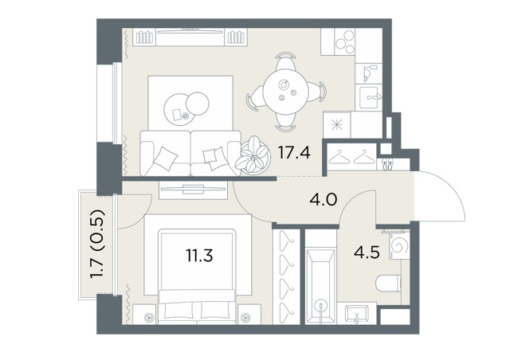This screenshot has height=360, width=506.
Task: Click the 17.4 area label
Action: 294,153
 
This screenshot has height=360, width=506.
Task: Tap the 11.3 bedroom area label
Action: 199,256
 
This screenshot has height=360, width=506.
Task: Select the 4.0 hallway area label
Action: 323,200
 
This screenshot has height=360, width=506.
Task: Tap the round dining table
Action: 285,91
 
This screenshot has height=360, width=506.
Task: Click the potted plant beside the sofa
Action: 253,155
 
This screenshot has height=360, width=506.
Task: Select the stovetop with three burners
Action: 345,41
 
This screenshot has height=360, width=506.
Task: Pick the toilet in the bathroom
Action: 389,284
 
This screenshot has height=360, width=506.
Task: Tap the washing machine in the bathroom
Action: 399,246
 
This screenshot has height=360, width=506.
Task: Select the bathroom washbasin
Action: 356,314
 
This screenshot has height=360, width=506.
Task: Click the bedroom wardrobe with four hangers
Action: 286,276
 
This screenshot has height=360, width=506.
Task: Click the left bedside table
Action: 145,314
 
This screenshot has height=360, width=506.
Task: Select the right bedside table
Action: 249,314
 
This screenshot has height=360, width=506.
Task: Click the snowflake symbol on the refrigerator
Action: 337,125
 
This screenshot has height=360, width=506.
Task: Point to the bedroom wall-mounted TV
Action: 193,189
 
